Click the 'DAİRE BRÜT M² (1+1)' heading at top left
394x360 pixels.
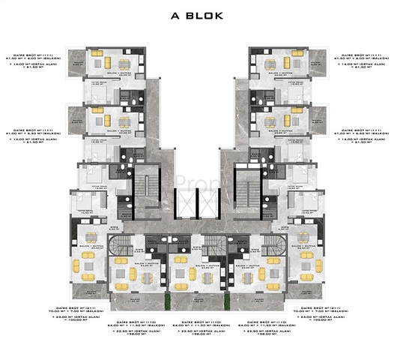(x=40, y=55)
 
